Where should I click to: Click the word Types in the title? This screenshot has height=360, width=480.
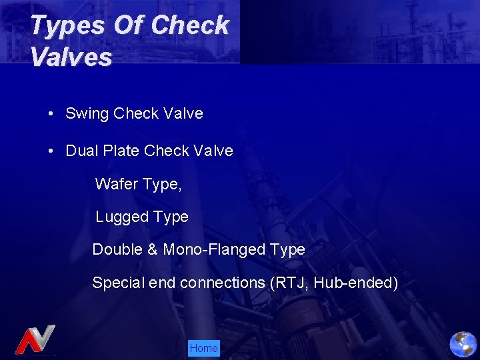pos(67,26)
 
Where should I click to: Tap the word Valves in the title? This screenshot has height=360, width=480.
pos(71,57)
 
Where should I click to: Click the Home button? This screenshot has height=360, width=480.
pos(203,348)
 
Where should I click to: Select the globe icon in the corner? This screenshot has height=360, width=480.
pos(463,344)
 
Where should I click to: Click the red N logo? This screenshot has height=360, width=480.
pos(34,339)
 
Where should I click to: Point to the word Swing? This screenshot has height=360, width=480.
pos(87,114)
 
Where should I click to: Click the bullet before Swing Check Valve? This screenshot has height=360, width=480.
pos(51,113)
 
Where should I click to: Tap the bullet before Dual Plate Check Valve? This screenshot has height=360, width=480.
pos(51,151)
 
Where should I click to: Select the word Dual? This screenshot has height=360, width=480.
pos(81,151)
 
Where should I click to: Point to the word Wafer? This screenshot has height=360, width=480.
pos(116,184)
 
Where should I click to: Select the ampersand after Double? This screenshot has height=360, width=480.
pos(152,249)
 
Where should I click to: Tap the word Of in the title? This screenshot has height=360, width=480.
pos(129,26)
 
